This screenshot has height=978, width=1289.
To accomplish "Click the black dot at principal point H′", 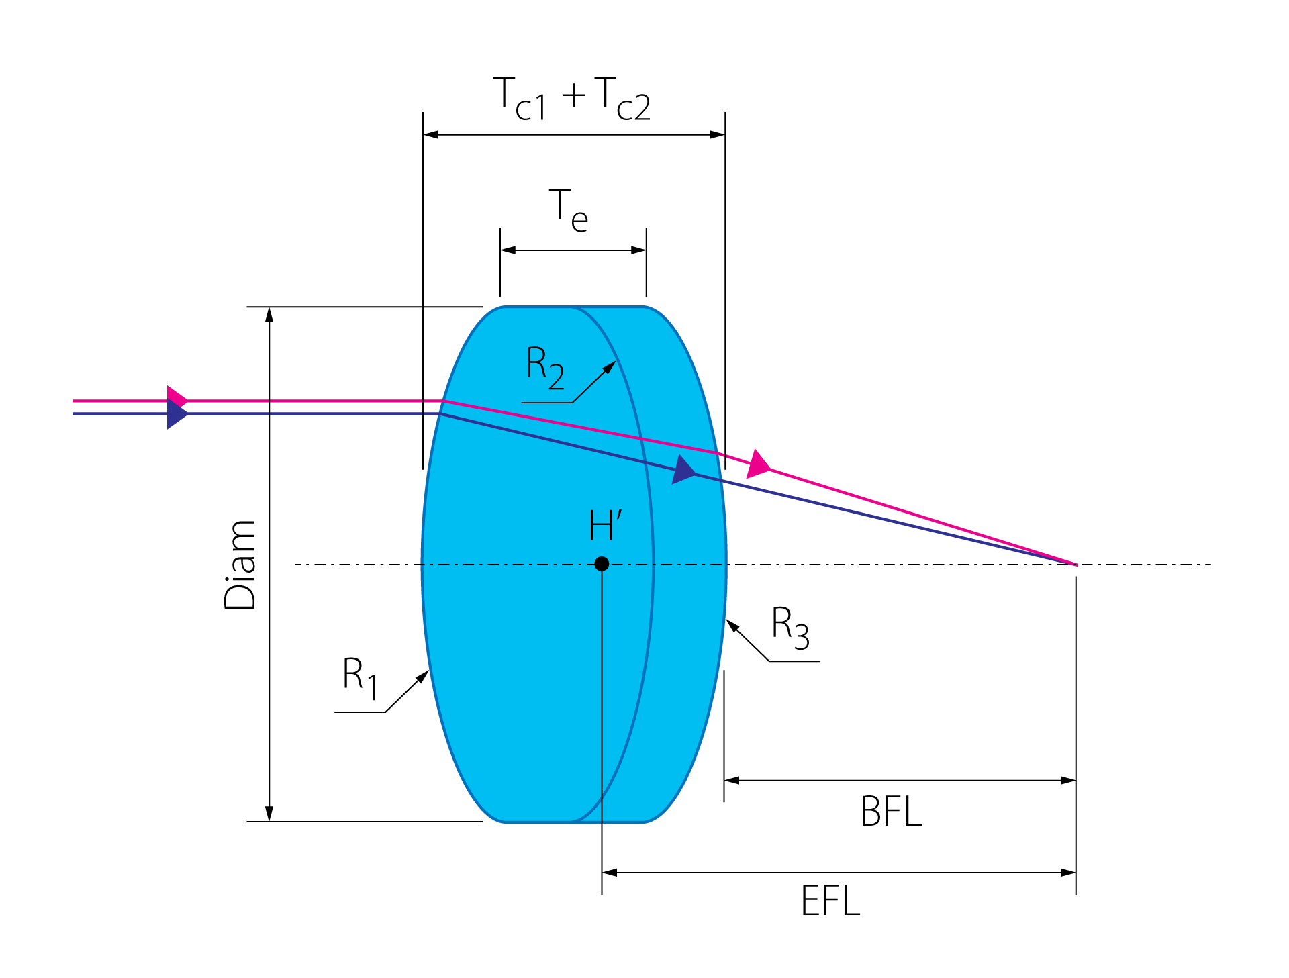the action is pyautogui.click(x=602, y=564).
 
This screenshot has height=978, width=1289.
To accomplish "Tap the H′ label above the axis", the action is pyautogui.click(x=606, y=525).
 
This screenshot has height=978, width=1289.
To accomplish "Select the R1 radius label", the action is pyautogui.click(x=361, y=678).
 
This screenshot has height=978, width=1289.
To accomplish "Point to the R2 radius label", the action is pyautogui.click(x=545, y=367).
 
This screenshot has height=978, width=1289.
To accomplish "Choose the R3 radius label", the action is pyautogui.click(x=791, y=627).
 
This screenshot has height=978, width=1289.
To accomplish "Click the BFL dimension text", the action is pyautogui.click(x=892, y=812).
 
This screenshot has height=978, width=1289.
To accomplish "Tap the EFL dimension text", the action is pyautogui.click(x=830, y=901).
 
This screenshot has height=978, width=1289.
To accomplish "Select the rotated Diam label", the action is pyautogui.click(x=240, y=565).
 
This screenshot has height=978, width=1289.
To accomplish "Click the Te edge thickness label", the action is pyautogui.click(x=569, y=210).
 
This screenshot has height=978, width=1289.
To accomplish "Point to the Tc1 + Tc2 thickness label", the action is pyautogui.click(x=572, y=99).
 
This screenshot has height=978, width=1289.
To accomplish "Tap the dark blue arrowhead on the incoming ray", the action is pyautogui.click(x=177, y=414).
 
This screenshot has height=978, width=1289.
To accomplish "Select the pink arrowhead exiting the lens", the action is pyautogui.click(x=759, y=464).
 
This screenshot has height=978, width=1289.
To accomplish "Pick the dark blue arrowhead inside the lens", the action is pyautogui.click(x=684, y=470).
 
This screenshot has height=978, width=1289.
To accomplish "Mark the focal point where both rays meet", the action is pyautogui.click(x=1076, y=565).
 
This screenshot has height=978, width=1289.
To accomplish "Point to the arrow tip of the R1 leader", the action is pyautogui.click(x=429, y=671).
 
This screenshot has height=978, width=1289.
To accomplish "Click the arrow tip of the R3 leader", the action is pyautogui.click(x=726, y=620).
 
